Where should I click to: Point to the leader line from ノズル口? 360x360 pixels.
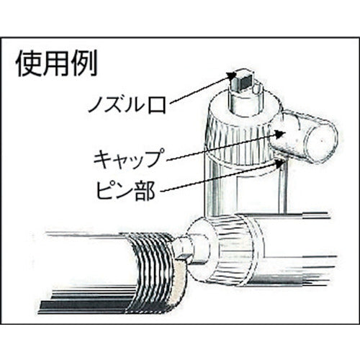(202, 89)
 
